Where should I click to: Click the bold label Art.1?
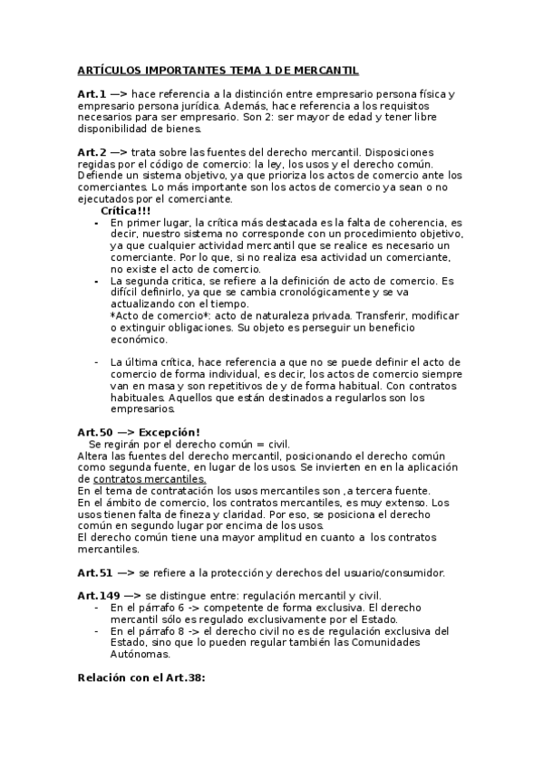tap(92, 94)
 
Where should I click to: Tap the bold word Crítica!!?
tap(126, 210)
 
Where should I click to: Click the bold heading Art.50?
tap(95, 432)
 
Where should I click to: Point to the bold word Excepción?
tap(170, 432)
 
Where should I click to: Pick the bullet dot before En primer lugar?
tap(97, 222)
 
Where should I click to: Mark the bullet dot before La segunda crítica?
tap(97, 282)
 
